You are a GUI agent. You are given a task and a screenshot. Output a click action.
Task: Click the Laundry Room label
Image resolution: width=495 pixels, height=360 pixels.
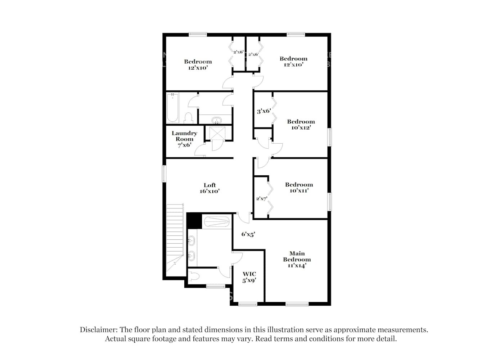point(184,139)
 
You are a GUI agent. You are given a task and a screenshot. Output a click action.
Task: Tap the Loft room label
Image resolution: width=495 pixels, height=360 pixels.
point(210,188)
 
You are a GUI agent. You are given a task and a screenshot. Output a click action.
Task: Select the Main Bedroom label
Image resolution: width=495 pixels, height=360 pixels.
point(297,259)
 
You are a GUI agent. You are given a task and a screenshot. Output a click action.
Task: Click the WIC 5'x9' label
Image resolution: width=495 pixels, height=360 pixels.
point(249,277)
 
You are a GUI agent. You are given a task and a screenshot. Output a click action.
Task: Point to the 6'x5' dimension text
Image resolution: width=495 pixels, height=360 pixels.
point(248,234)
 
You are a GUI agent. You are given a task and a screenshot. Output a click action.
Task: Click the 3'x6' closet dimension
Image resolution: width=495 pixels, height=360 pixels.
point(264,111)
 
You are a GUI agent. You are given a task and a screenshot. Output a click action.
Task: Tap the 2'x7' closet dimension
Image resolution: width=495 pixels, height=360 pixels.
point(261,199)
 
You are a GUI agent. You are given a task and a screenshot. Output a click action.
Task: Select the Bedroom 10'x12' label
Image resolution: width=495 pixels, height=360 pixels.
point(301,124)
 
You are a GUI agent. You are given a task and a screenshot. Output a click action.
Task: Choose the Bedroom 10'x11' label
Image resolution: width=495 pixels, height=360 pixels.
point(299,187)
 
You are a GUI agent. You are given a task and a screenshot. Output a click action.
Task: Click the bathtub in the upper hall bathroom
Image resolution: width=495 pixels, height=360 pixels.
point(172,108)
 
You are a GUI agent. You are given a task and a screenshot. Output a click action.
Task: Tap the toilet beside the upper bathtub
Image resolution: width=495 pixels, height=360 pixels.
point(188,118)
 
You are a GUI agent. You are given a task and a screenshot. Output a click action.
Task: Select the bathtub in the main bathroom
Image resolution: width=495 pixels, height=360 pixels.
point(216,221)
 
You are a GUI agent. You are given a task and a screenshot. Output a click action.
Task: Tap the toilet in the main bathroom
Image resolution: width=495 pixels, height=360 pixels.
point(195,276)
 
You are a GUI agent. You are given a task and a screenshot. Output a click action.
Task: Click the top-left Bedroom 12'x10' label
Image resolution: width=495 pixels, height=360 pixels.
point(198,64)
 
